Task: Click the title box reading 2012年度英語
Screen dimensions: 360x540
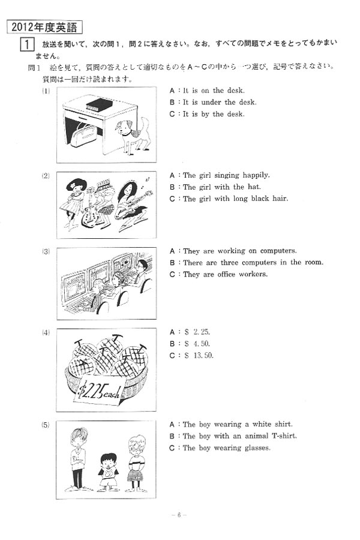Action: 44,27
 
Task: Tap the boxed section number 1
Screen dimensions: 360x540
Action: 27,44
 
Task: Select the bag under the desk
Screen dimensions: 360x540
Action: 84,136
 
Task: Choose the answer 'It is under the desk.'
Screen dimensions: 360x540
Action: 213,102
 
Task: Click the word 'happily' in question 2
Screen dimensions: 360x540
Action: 256,175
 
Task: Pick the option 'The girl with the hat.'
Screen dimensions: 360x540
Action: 215,187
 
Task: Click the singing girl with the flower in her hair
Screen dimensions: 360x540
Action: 73,203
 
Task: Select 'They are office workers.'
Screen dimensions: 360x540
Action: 218,274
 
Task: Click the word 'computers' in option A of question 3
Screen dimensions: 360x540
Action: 278,251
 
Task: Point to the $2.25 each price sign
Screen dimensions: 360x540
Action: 100,389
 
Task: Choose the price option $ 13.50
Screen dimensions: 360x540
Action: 191,355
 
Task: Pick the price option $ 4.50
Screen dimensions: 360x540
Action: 190,344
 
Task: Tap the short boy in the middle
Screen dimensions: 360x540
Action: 108,472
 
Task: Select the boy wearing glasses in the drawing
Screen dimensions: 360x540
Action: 136,464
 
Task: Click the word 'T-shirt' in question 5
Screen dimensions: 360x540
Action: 284,436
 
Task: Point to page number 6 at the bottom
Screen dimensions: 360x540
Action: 179,515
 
